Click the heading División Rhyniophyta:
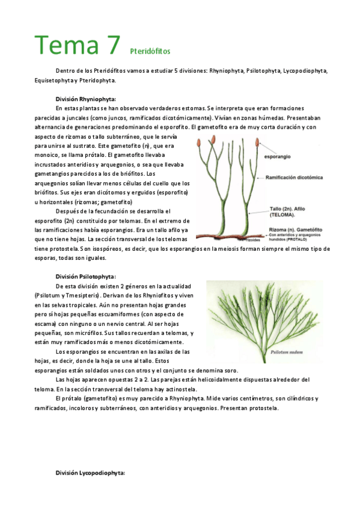tap(85, 99)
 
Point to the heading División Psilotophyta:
tap(85, 276)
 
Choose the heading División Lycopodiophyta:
tap(90, 473)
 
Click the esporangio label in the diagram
tap(277, 156)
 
